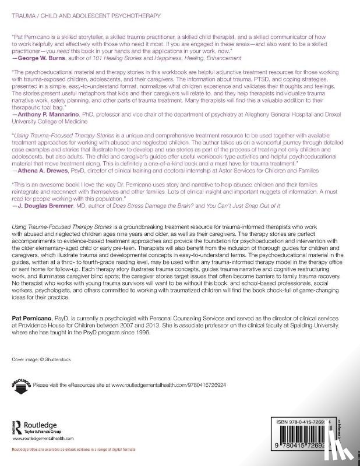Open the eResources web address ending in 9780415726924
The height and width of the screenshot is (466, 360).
pos(193,385)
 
